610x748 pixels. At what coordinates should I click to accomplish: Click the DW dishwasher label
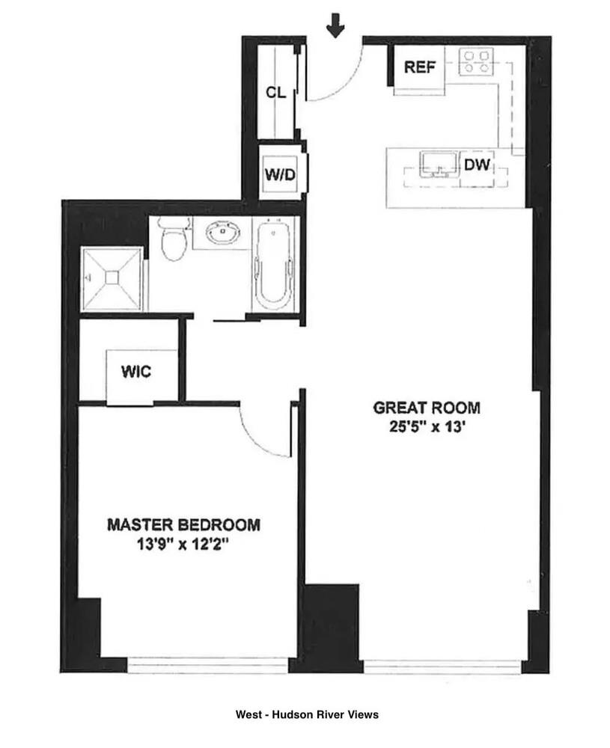(476, 165)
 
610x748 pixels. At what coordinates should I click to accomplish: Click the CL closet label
(276, 93)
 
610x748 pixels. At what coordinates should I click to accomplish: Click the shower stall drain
(112, 278)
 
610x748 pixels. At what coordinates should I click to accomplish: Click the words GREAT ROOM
(427, 408)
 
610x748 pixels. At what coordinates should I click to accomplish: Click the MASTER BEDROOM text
(183, 524)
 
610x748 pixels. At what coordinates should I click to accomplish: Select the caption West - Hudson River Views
(307, 714)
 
